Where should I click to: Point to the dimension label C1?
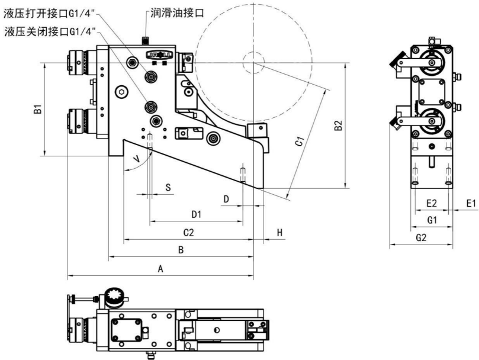(300, 142)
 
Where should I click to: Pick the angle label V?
(137, 159)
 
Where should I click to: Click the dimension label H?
(279, 232)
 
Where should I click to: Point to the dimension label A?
(160, 268)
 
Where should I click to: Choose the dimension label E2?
(432, 203)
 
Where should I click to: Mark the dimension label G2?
(421, 238)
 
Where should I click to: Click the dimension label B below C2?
(182, 250)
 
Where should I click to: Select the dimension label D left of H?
(226, 198)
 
